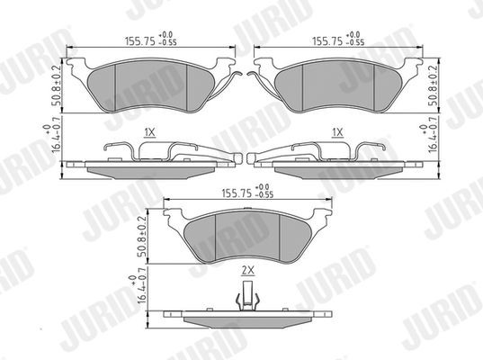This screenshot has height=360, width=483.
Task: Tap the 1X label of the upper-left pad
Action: [x=149, y=131]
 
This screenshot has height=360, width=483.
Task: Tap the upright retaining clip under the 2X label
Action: [x=244, y=293]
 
